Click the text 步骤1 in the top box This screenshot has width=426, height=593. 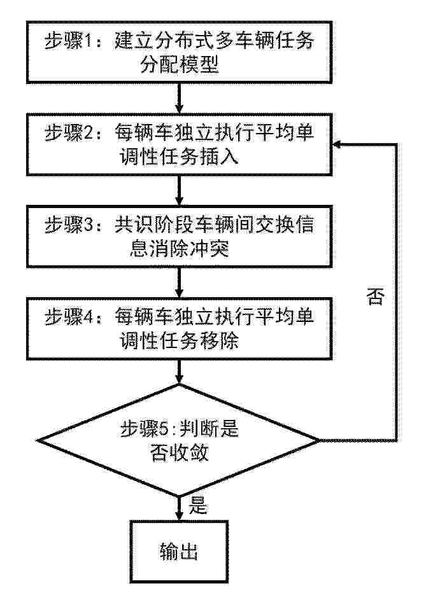click(x=68, y=41)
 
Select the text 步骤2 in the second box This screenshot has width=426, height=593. click(x=68, y=133)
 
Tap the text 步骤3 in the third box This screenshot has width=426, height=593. click(x=68, y=225)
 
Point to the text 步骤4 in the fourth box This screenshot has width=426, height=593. click(x=68, y=317)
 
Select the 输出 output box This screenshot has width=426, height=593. click(x=179, y=552)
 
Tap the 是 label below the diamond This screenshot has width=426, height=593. click(x=198, y=505)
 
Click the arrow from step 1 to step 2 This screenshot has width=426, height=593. click(x=180, y=98)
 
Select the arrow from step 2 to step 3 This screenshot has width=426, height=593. click(x=180, y=190)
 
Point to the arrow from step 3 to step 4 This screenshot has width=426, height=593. click(x=180, y=283)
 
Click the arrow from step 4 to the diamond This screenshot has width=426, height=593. click(x=180, y=372)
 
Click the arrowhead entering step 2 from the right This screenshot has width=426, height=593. click(x=337, y=144)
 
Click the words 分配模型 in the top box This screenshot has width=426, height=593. click(x=180, y=65)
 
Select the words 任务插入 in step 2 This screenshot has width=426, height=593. click(x=199, y=157)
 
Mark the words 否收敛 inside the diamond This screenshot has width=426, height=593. click(x=180, y=452)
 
